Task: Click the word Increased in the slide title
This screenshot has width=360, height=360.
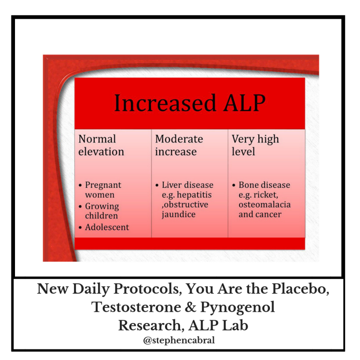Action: (x=165, y=103)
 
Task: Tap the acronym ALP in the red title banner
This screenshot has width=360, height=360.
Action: (x=245, y=103)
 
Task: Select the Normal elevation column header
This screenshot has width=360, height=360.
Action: (x=101, y=145)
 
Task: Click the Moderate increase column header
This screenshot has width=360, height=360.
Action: (x=179, y=145)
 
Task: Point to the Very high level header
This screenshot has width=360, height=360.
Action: (x=255, y=145)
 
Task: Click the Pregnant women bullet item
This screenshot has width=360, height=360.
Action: (x=103, y=190)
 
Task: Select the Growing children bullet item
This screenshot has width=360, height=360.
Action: (x=102, y=211)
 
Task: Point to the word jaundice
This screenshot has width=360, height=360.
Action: (x=179, y=214)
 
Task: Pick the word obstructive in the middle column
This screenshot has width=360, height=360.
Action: (x=185, y=204)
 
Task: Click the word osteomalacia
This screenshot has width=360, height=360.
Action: (x=264, y=204)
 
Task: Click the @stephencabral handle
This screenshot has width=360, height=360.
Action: (x=179, y=340)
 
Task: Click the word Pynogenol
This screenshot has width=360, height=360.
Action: (x=238, y=307)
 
